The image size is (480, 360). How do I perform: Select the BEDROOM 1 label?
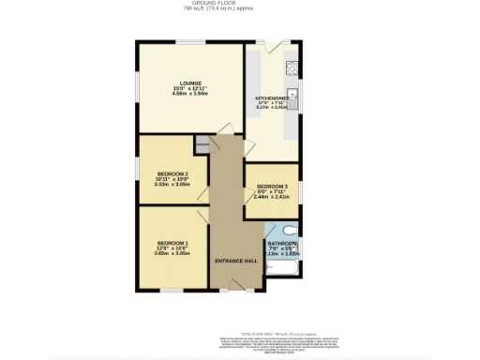point(172,242)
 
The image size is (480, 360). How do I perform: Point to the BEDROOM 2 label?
point(172,173)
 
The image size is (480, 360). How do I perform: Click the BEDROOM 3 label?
point(272,186)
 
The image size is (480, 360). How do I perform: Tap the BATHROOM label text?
point(281,241)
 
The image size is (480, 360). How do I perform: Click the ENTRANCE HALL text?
point(236,260)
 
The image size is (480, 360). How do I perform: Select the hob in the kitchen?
point(292,67)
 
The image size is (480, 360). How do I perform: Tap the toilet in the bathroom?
point(291,230)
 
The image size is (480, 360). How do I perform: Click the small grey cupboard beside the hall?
point(202,144)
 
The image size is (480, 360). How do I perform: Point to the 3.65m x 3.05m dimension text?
point(172,253)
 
